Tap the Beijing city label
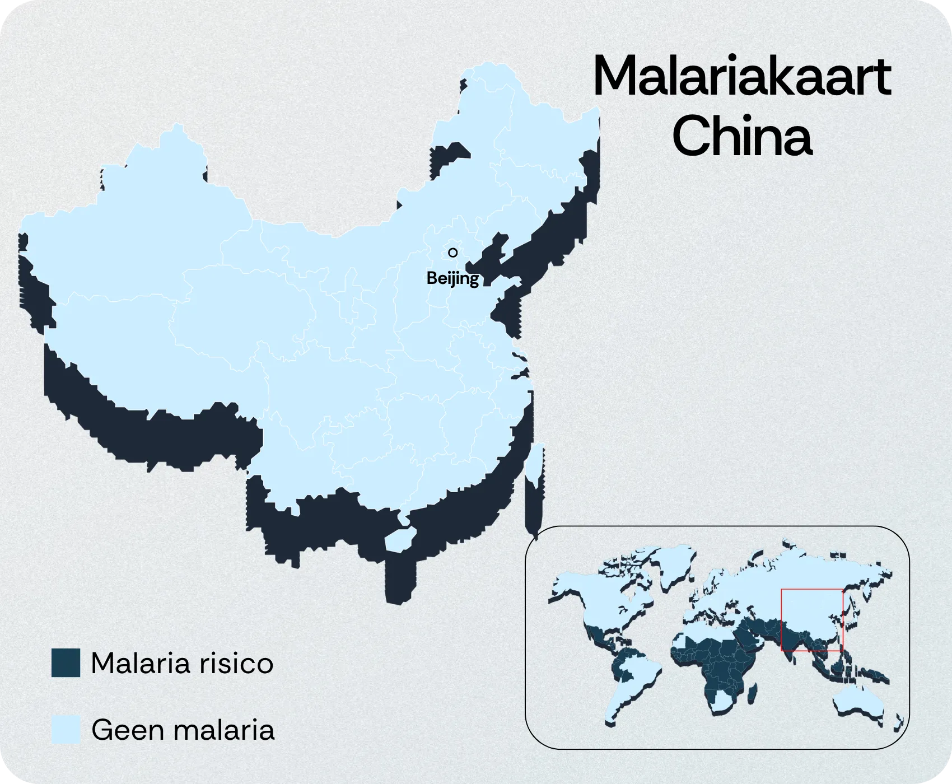pyautogui.click(x=452, y=278)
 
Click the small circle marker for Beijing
pyautogui.click(x=452, y=253)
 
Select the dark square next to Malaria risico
pyautogui.click(x=66, y=663)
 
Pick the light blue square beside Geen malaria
pyautogui.click(x=66, y=730)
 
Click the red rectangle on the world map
pyautogui.click(x=811, y=620)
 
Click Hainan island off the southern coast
pyautogui.click(x=399, y=540)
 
